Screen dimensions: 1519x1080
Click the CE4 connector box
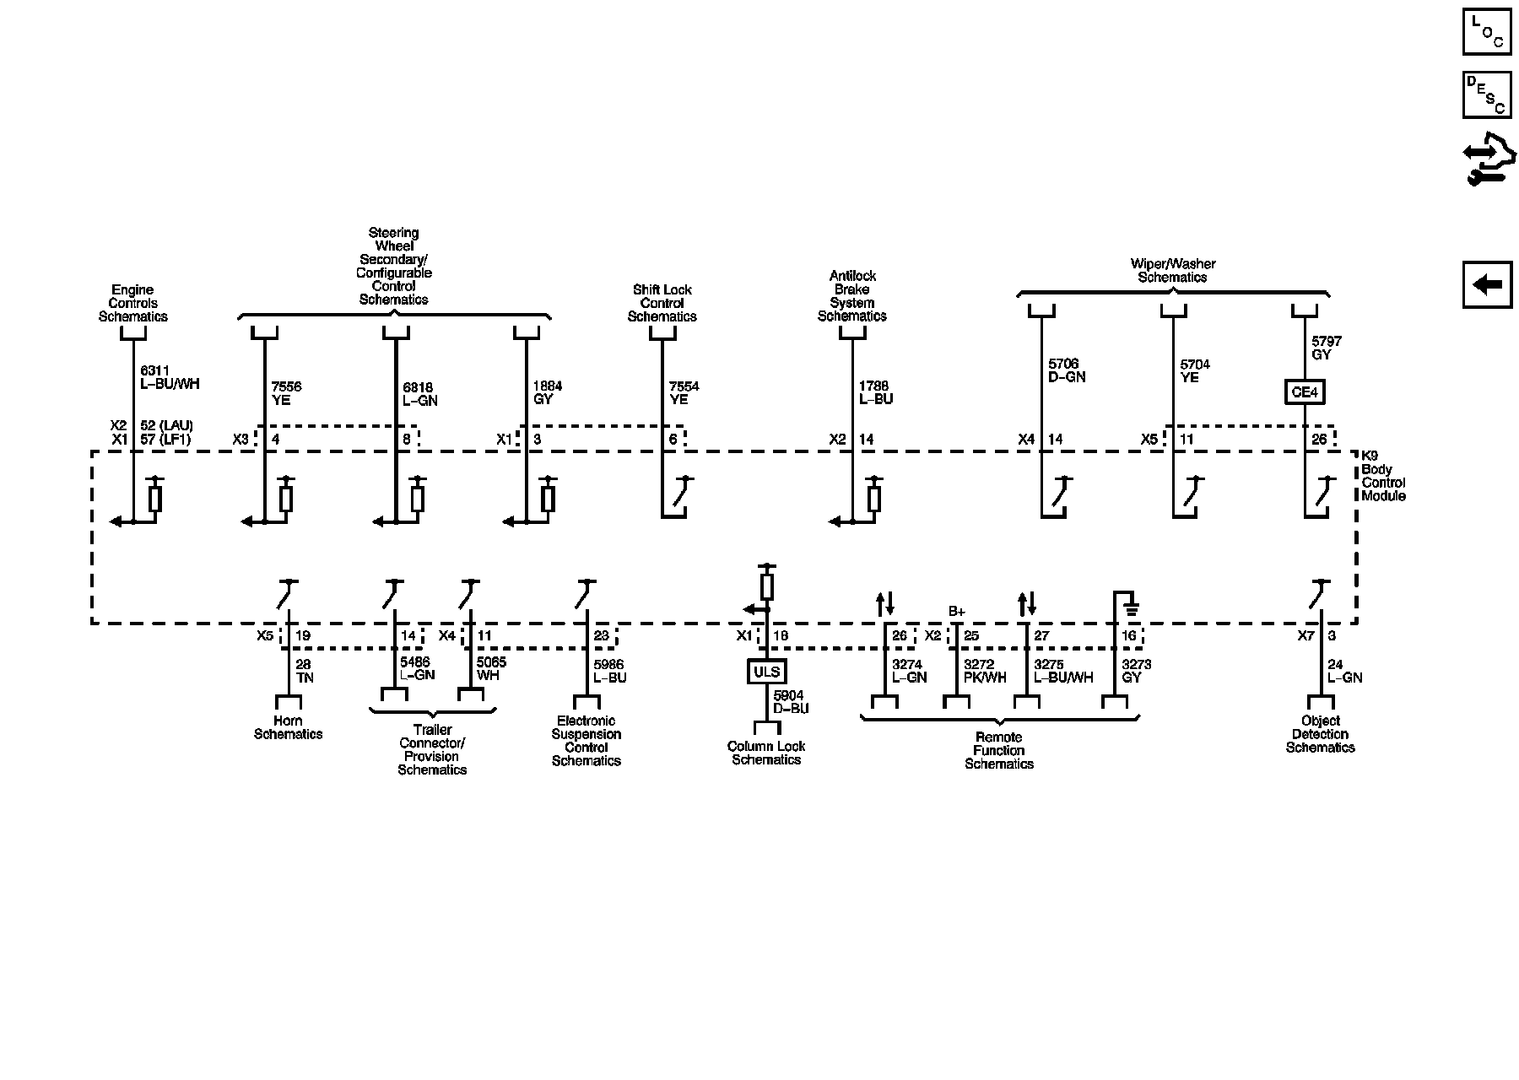pyautogui.click(x=1305, y=392)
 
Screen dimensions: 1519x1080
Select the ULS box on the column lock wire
pyautogui.click(x=767, y=672)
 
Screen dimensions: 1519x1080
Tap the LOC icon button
pyautogui.click(x=1487, y=32)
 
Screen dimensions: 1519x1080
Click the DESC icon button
pyautogui.click(x=1487, y=94)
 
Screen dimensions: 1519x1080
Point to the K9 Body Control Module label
pyautogui.click(x=1382, y=476)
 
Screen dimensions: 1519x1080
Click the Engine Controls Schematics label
pyautogui.click(x=133, y=304)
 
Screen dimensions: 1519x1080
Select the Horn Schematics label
pyautogui.click(x=288, y=727)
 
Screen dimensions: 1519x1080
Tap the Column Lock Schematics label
pyautogui.click(x=766, y=753)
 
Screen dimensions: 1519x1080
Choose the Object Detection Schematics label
pyautogui.click(x=1320, y=734)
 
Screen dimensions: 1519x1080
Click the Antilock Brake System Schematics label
pyautogui.click(x=852, y=296)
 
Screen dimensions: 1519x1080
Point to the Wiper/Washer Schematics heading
pyautogui.click(x=1172, y=271)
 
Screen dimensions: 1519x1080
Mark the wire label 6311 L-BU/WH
pyautogui.click(x=169, y=377)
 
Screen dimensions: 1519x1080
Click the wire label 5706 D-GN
pyautogui.click(x=1067, y=370)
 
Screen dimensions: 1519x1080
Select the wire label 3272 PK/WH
pyautogui.click(x=985, y=671)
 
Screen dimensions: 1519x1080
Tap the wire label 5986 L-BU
pyautogui.click(x=610, y=671)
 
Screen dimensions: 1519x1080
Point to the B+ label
pyautogui.click(x=956, y=611)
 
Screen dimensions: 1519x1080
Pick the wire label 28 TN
pyautogui.click(x=305, y=671)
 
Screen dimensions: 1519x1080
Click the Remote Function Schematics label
pyautogui.click(x=998, y=750)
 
